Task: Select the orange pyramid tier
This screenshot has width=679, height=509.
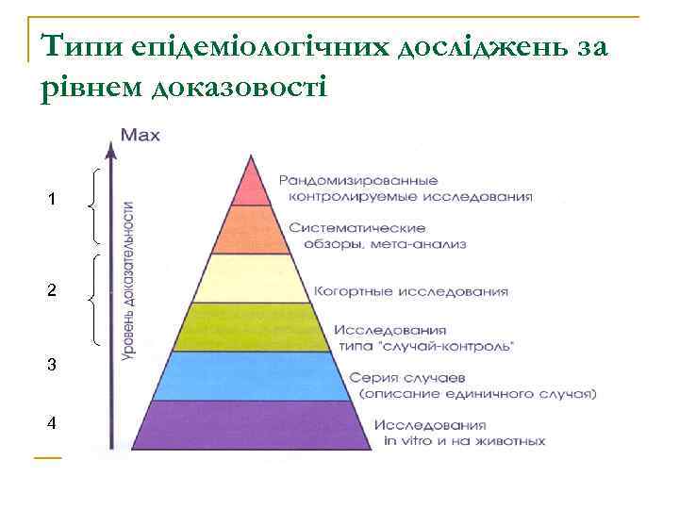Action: [251, 230]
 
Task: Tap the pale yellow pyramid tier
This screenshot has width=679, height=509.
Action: [251, 278]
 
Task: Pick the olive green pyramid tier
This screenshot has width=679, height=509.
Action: [251, 327]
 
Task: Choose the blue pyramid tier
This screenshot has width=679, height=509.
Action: [251, 375]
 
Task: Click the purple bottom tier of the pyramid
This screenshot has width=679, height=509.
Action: [251, 423]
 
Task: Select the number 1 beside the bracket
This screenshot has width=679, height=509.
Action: [53, 200]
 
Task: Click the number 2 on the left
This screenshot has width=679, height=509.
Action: [53, 292]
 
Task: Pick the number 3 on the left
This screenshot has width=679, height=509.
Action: [53, 365]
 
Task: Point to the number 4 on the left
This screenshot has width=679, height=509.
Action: [53, 423]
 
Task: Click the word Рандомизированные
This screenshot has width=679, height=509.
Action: [358, 180]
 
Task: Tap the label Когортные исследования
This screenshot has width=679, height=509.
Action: [411, 291]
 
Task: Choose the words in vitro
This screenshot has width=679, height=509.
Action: [406, 440]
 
